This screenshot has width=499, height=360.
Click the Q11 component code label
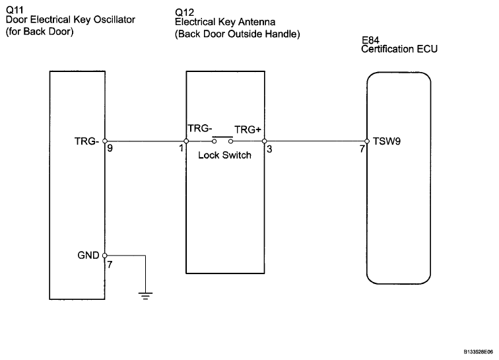tap(15, 9)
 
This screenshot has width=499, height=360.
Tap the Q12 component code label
tap(184, 12)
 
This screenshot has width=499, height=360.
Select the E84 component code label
tap(370, 40)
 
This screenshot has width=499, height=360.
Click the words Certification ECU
tap(399, 49)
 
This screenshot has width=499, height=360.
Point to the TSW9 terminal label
tap(387, 141)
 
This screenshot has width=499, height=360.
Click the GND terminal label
tap(88, 255)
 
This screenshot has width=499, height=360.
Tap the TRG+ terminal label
tap(248, 129)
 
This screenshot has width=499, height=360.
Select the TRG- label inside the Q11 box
tap(87, 141)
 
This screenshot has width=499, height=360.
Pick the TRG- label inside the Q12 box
tap(200, 128)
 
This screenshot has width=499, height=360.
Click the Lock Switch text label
tap(224, 155)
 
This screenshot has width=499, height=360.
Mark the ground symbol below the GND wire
tap(145, 296)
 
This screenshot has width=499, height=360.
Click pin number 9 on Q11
tap(110, 149)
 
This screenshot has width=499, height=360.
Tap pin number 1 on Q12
tap(181, 149)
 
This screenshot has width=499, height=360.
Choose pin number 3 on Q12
tap(269, 149)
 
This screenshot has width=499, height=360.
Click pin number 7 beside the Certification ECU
tap(362, 149)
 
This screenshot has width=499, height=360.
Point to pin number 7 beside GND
tap(110, 264)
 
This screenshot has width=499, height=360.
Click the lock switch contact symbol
tap(222, 140)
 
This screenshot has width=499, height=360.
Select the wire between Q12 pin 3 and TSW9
tap(316, 141)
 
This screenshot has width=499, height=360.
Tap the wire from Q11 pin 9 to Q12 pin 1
tap(145, 141)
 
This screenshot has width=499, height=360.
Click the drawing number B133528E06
tap(478, 352)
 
